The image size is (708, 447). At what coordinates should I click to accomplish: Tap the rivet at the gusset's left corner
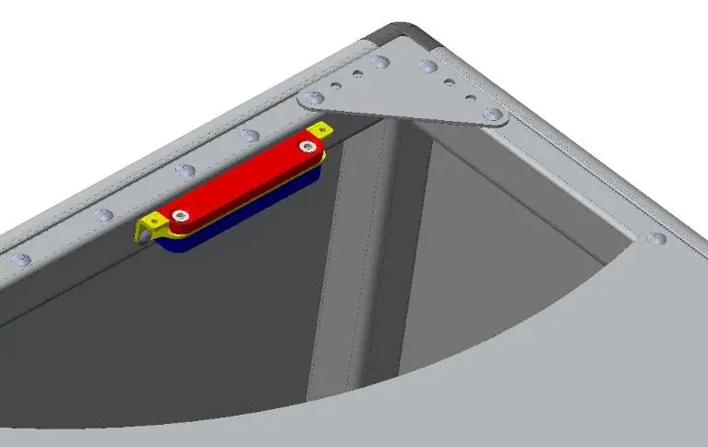(x=315, y=97)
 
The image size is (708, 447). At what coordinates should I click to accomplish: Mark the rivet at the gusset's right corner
(x=494, y=115)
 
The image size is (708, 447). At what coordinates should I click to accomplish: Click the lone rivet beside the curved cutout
(x=656, y=239)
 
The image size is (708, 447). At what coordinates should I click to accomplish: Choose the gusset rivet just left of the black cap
(x=378, y=63)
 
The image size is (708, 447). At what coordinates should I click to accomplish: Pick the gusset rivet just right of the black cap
(x=428, y=66)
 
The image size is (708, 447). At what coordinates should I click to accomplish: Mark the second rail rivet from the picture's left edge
(x=103, y=215)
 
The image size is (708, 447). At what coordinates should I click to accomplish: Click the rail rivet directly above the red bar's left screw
(x=186, y=171)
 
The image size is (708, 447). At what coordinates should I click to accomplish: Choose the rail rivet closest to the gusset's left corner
(x=249, y=136)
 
